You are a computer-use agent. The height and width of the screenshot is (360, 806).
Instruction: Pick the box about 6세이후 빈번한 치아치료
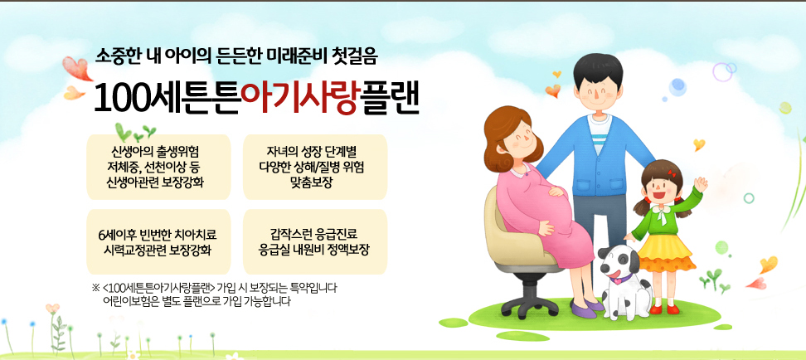[155, 241]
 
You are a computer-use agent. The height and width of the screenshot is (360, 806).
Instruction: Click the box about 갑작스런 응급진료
[314, 241]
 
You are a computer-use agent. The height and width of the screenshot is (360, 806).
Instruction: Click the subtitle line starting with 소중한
[237, 58]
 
